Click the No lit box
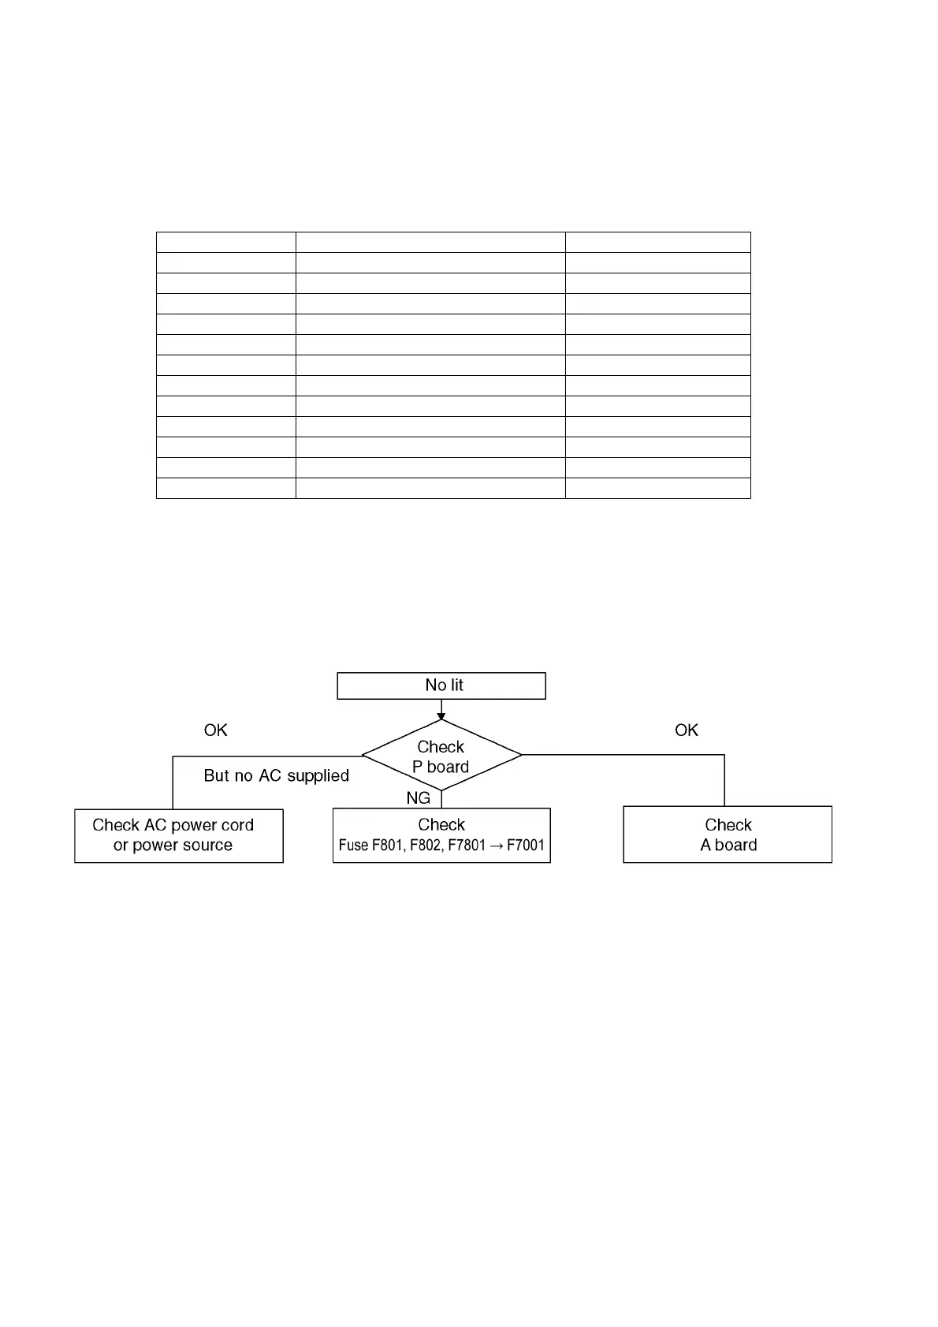pyautogui.click(x=441, y=686)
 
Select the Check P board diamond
pyautogui.click(x=441, y=756)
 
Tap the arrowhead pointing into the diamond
pyautogui.click(x=441, y=716)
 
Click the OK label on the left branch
pyautogui.click(x=215, y=730)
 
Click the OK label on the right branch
pyautogui.click(x=687, y=730)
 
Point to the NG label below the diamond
pyautogui.click(x=419, y=798)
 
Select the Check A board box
pyautogui.click(x=728, y=834)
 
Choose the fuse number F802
pyautogui.click(x=426, y=846)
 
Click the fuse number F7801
pyautogui.click(x=467, y=846)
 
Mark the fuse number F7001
pyautogui.click(x=526, y=846)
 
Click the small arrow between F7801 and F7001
pyautogui.click(x=496, y=846)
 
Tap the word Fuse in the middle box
pyautogui.click(x=353, y=846)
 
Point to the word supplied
pyautogui.click(x=318, y=776)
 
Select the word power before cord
pyautogui.click(x=194, y=825)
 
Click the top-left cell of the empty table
pyautogui.click(x=226, y=242)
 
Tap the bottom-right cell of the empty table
pyautogui.click(x=657, y=488)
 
